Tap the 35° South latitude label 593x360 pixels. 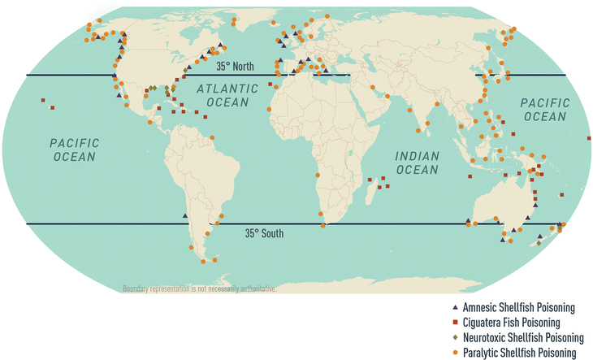coord(264,233)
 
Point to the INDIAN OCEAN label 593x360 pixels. coord(417,163)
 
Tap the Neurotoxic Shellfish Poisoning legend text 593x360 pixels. coord(522,338)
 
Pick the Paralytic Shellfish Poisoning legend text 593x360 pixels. coord(519,353)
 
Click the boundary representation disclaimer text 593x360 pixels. coord(200,288)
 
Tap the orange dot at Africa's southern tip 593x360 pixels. coord(325,226)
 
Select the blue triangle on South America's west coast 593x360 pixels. coord(185,215)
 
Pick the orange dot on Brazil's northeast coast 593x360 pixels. coord(213,138)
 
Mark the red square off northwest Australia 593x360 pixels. coord(469,176)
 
